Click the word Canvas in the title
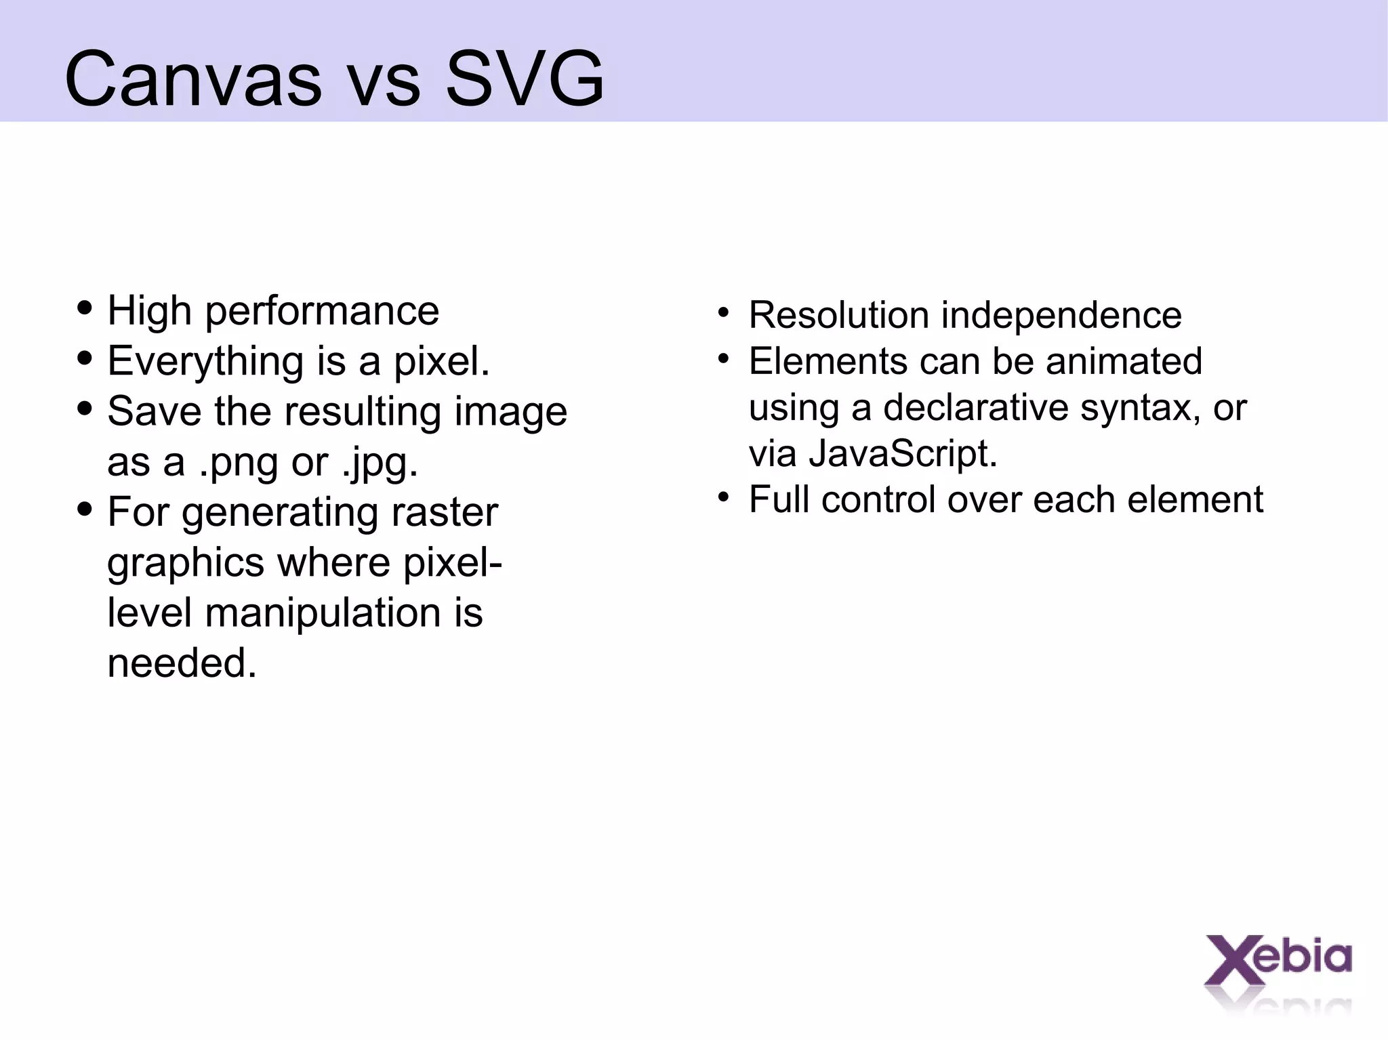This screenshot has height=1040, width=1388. (193, 80)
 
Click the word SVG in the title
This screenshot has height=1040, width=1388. (525, 80)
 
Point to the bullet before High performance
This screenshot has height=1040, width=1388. (85, 308)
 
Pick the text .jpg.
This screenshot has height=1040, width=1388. (380, 464)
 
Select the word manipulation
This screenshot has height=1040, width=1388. (323, 614)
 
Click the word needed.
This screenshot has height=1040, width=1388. (182, 663)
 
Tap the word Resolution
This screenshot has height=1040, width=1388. (838, 316)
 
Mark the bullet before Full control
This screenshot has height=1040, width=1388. (724, 498)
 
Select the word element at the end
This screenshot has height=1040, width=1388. (1196, 500)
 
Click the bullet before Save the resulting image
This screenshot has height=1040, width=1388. (85, 409)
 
